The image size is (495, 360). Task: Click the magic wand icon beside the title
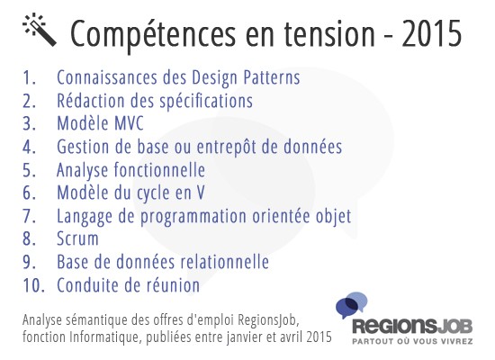click(x=40, y=30)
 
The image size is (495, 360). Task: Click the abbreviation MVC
click(x=129, y=123)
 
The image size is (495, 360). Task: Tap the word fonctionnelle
click(x=159, y=169)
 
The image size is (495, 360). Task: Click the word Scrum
click(x=77, y=238)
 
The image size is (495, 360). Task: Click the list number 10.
click(x=33, y=285)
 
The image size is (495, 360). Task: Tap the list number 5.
click(x=29, y=170)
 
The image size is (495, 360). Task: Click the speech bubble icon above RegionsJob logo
click(x=351, y=305)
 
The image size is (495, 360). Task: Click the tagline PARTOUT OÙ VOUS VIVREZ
click(x=412, y=341)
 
